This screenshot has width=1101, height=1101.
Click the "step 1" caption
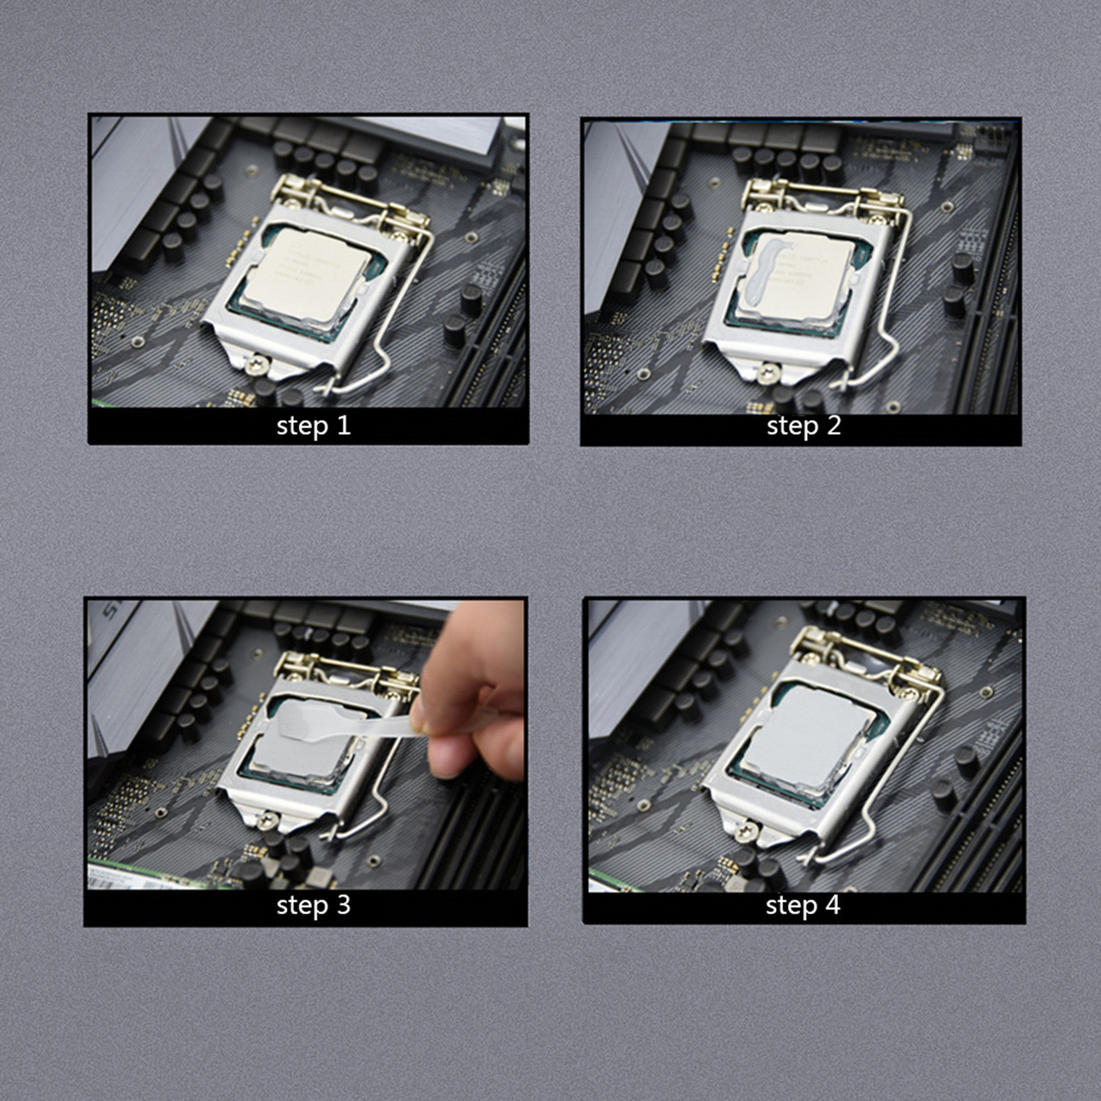click(314, 426)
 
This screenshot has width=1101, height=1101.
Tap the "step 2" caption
click(804, 426)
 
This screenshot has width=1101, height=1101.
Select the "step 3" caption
click(314, 906)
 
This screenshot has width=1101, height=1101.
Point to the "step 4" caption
click(803, 906)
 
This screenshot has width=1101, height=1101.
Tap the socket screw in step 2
click(767, 373)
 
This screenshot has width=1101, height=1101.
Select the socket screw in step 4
click(748, 831)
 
